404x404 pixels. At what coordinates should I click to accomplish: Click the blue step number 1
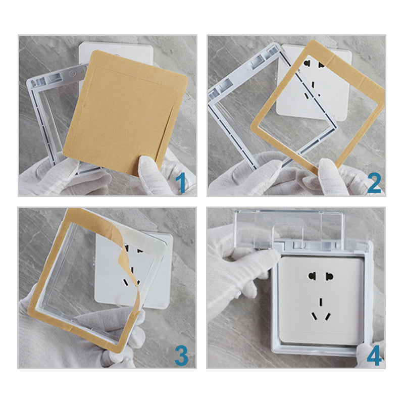click(182, 182)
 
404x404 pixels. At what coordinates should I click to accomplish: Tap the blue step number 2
click(374, 183)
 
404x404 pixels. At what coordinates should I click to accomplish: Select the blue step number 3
click(181, 356)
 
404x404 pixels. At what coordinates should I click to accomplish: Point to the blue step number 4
click(374, 356)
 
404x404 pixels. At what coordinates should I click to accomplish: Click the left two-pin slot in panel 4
click(312, 276)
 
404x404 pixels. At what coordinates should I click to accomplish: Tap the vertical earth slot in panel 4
click(321, 301)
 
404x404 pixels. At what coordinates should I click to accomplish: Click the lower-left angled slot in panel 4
click(314, 316)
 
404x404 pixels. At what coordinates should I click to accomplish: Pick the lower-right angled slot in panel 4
click(327, 317)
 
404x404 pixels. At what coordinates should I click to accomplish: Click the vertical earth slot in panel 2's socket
click(313, 85)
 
